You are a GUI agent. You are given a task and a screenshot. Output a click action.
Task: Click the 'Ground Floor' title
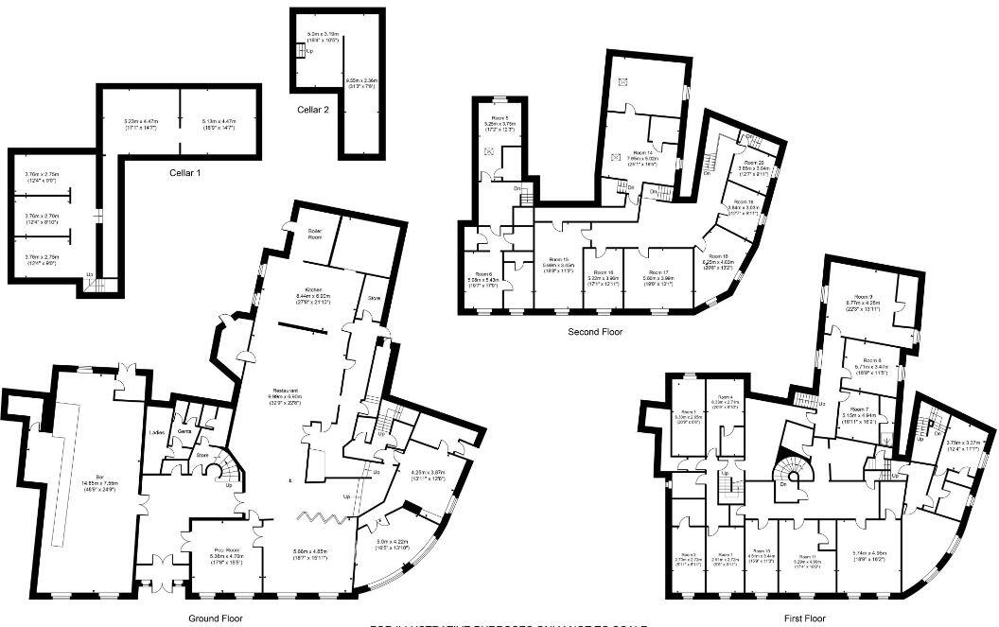(215, 618)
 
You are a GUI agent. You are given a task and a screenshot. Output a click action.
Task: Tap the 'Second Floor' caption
(595, 332)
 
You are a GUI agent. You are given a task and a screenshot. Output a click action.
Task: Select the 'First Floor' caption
(804, 618)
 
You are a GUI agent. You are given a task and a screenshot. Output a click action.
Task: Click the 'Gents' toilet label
(184, 430)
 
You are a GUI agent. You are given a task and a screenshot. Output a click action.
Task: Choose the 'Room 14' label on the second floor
(643, 153)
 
